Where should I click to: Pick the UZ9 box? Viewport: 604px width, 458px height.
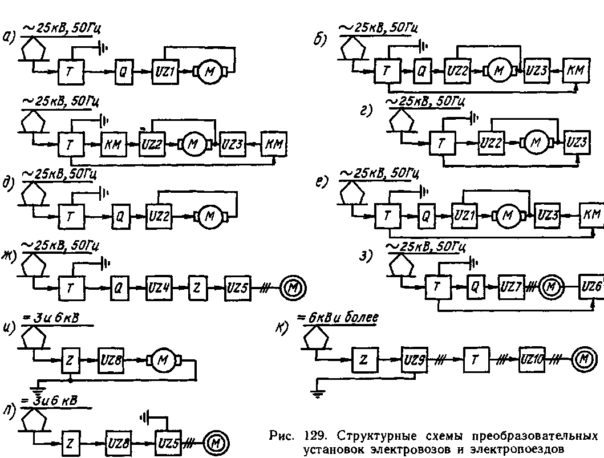pos(415,360)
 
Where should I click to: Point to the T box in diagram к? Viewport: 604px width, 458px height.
pos(474,360)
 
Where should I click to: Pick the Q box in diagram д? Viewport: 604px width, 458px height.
pos(121,217)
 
